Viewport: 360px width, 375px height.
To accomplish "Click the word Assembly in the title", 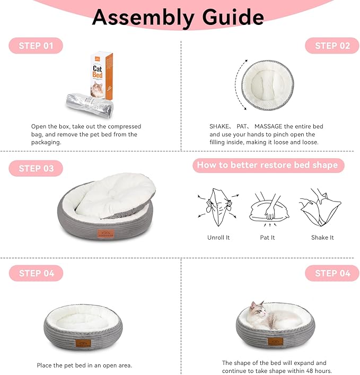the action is point(143,18).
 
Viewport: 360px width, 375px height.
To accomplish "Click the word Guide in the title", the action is point(233,17).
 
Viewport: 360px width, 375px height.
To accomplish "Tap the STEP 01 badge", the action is point(36,46).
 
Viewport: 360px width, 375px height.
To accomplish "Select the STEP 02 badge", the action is point(332,46).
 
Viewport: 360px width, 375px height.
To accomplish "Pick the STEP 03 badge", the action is point(36,168).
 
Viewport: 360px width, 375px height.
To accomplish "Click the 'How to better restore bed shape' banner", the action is point(268,165).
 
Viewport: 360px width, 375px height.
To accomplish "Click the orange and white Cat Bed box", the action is point(102,75).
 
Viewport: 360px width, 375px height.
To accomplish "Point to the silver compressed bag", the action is point(89,105).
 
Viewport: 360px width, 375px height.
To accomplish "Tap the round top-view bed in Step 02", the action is point(268,85).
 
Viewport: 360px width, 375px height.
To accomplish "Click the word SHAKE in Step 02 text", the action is point(219,126).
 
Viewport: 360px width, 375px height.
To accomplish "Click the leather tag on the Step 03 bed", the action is point(106,234).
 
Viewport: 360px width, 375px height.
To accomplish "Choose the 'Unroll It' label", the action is point(218,238).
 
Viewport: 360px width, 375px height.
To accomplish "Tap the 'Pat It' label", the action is point(267,238).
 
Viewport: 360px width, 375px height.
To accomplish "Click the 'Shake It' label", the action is point(322,238).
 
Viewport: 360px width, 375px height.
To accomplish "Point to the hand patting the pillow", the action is point(271,208).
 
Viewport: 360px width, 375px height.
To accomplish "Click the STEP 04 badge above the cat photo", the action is point(332,273).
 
